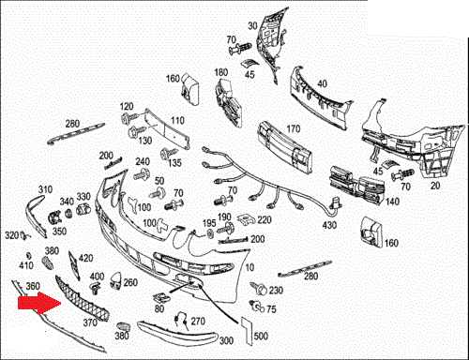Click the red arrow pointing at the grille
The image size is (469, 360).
(x=39, y=303)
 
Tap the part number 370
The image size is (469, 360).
(x=90, y=322)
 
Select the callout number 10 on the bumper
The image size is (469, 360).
(x=250, y=267)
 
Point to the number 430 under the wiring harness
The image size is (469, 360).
(x=329, y=225)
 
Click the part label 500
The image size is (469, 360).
(x=261, y=336)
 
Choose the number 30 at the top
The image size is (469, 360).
(x=252, y=25)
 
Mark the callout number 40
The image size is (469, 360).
(x=322, y=83)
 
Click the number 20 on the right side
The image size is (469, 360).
(x=435, y=186)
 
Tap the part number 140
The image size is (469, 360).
(x=392, y=202)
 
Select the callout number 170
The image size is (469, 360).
(x=294, y=128)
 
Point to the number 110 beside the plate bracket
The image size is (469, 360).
(x=177, y=120)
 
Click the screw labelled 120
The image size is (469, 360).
(x=129, y=119)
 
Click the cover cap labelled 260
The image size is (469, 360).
(x=115, y=281)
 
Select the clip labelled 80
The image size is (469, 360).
(x=161, y=298)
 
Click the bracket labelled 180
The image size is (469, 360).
(x=229, y=102)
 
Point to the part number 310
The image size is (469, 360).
(x=45, y=189)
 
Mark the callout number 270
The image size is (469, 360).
(x=198, y=321)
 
